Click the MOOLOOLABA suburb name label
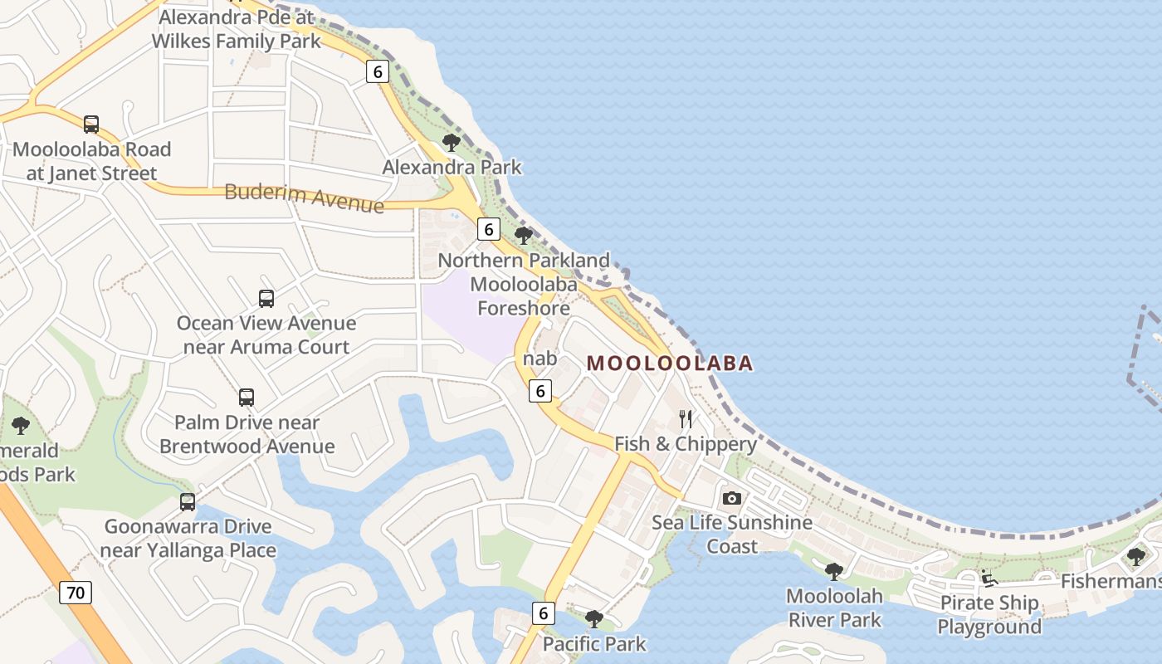point(670,363)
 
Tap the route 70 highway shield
point(75,593)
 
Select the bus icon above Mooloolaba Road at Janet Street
point(91,124)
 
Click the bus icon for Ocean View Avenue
point(266,298)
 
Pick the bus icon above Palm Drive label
point(247,398)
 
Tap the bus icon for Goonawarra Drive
point(188,501)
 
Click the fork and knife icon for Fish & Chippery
point(686,418)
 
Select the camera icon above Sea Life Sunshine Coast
point(731,498)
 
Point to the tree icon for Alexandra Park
point(452,142)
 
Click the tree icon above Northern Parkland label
point(524,236)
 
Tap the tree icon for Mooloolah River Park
point(834,571)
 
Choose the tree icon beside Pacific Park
point(593,618)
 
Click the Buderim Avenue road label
point(305,198)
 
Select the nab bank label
point(540,359)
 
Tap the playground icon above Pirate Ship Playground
point(989,579)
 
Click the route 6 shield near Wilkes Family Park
point(378,71)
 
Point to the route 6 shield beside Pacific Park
point(543,613)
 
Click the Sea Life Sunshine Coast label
point(731,534)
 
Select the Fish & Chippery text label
point(686,444)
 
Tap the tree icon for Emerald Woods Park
point(21,426)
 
